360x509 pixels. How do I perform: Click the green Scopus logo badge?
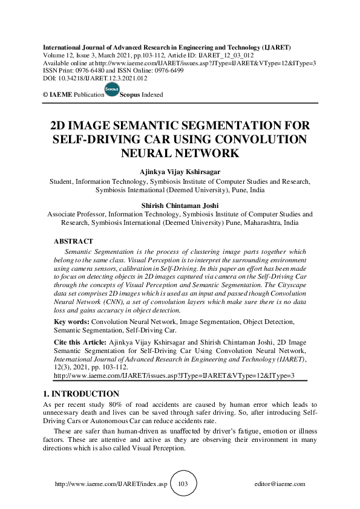111,90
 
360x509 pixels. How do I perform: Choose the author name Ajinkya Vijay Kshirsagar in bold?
180,171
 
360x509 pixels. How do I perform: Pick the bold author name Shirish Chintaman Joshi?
180,205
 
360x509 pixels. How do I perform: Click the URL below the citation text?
174,375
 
